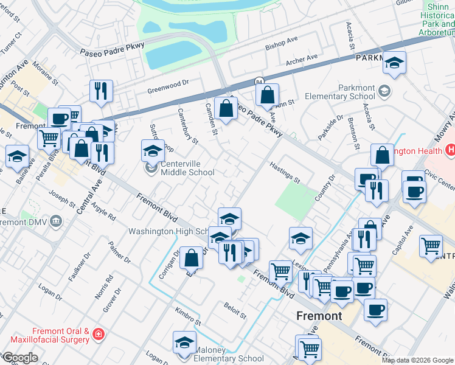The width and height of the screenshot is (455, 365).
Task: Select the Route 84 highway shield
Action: click(x=259, y=81)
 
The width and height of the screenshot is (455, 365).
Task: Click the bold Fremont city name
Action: click(x=319, y=316)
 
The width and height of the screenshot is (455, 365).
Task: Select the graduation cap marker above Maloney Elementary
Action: click(x=184, y=341)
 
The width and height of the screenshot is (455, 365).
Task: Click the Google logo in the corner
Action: click(x=19, y=358)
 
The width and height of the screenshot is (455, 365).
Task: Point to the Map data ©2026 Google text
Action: click(x=417, y=360)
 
